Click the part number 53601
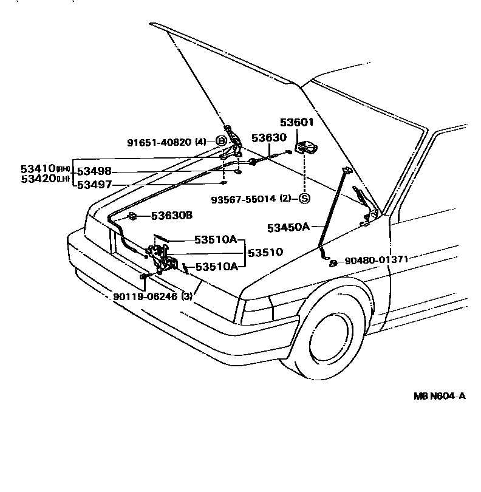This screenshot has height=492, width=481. coord(296,123)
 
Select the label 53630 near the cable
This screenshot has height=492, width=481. coord(268,138)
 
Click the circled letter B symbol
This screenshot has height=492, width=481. coord(222,142)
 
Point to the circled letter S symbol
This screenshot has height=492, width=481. coord(304,198)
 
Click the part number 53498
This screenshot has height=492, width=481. coord(94,173)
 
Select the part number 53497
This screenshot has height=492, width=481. coord(94,185)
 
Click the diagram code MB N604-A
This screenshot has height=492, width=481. coord(440,396)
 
